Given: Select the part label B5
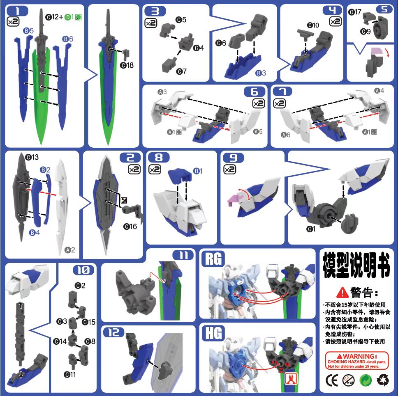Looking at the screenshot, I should [28, 30].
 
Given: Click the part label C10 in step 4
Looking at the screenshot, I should [313, 25].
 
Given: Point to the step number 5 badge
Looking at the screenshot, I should [384, 9].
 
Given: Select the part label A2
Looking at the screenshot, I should [70, 250].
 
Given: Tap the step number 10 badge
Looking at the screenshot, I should [83, 270].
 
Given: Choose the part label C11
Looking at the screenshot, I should [70, 374].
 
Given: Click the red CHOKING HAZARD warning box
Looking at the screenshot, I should [356, 360].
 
